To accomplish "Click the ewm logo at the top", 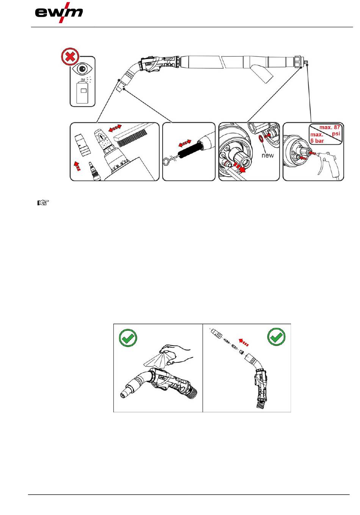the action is pos(59,13).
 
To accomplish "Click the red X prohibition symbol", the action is pos(70,58).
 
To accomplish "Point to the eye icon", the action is pos(82,69).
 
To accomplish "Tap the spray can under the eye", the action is pos(82,91).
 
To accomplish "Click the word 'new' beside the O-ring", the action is pos(267,155).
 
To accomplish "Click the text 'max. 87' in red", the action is pos(329,128).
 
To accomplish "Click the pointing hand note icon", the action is pos(43,203).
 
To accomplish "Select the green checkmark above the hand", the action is pos(128,337).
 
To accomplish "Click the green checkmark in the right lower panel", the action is pos(277,337).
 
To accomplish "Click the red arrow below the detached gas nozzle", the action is pos(78,166).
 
